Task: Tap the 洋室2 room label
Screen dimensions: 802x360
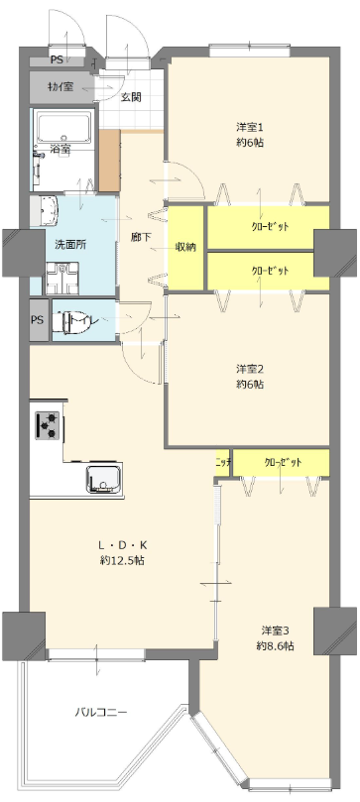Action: point(249,369)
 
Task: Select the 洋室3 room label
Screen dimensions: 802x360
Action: point(275,630)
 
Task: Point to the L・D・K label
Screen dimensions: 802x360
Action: point(122,545)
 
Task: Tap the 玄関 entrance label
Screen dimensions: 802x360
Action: point(131,97)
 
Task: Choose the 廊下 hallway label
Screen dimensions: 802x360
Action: point(141,237)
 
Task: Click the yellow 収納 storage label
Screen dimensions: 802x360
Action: point(185,246)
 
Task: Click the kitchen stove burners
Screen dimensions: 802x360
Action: point(48,424)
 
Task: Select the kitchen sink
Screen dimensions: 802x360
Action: point(103,479)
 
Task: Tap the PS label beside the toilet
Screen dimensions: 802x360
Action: point(37,319)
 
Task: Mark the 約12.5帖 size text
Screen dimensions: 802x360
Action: point(122,561)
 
